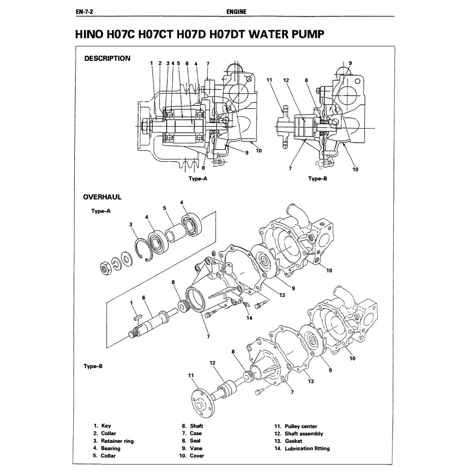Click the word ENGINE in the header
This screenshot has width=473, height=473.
tap(236, 12)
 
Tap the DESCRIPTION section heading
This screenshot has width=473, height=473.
tap(107, 59)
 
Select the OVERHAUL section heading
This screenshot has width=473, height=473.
tap(102, 197)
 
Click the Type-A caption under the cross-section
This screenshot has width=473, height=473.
tap(198, 179)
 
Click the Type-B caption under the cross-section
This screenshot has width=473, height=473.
tap(317, 179)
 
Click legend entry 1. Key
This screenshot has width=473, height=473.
tap(102, 426)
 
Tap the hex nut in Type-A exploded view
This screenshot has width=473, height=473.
tap(105, 267)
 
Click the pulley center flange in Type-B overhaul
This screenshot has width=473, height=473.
tap(202, 400)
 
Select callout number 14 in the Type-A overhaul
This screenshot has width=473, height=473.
tap(249, 318)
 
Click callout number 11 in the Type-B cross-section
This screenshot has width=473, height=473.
tap(270, 80)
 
